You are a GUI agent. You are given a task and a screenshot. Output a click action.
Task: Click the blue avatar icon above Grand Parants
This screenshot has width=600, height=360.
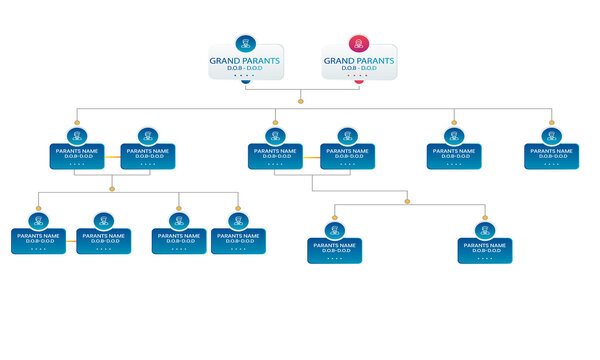(x=246, y=44)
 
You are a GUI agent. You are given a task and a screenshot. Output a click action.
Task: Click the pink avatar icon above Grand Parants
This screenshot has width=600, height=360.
(x=359, y=44)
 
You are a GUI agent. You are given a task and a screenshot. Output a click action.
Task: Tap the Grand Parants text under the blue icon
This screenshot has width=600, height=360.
(x=246, y=61)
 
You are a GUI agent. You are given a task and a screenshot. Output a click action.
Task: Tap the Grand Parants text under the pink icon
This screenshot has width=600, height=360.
(x=359, y=61)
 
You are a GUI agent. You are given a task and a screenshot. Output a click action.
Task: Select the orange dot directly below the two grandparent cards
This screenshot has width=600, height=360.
(x=301, y=99)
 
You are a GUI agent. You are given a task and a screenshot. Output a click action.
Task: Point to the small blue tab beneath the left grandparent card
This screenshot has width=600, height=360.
(x=246, y=83)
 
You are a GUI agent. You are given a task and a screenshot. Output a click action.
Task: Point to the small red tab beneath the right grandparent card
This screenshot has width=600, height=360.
(x=359, y=83)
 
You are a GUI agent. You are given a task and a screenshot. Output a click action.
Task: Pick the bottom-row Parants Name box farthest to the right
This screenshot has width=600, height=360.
(x=485, y=250)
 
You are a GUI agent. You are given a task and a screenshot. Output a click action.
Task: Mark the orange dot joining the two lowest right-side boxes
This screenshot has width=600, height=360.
(x=407, y=203)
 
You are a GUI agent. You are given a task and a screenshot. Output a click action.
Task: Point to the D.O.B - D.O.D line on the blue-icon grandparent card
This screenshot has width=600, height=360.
(x=246, y=69)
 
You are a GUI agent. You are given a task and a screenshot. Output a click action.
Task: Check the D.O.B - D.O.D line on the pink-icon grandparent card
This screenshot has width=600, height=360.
(x=359, y=69)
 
